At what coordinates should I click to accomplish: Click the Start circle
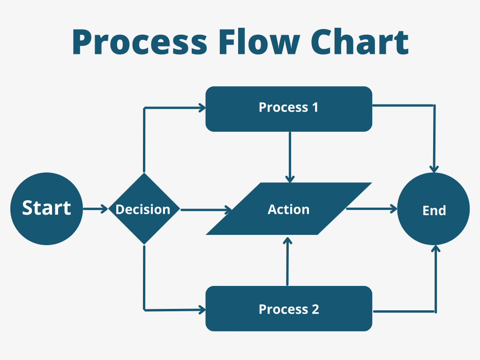tap(46, 209)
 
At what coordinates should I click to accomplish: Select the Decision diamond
tap(143, 209)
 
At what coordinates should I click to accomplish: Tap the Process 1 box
tap(289, 108)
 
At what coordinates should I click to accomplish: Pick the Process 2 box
tap(289, 309)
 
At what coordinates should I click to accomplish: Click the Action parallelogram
tap(289, 209)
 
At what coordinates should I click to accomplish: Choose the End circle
tap(434, 210)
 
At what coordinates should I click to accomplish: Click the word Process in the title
tap(139, 42)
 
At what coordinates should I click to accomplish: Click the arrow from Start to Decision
tap(95, 209)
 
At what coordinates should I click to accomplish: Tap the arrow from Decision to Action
tap(206, 210)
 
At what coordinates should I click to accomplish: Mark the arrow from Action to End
tap(371, 210)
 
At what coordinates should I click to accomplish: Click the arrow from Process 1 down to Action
tap(290, 157)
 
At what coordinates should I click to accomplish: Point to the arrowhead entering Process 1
tap(202, 108)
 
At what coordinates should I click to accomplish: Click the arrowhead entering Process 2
tap(202, 309)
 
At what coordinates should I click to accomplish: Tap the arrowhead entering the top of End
tap(435, 168)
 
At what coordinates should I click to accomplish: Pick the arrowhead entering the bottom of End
tap(435, 249)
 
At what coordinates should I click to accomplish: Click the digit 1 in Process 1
tap(314, 107)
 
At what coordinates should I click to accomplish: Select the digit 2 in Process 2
tap(315, 309)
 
